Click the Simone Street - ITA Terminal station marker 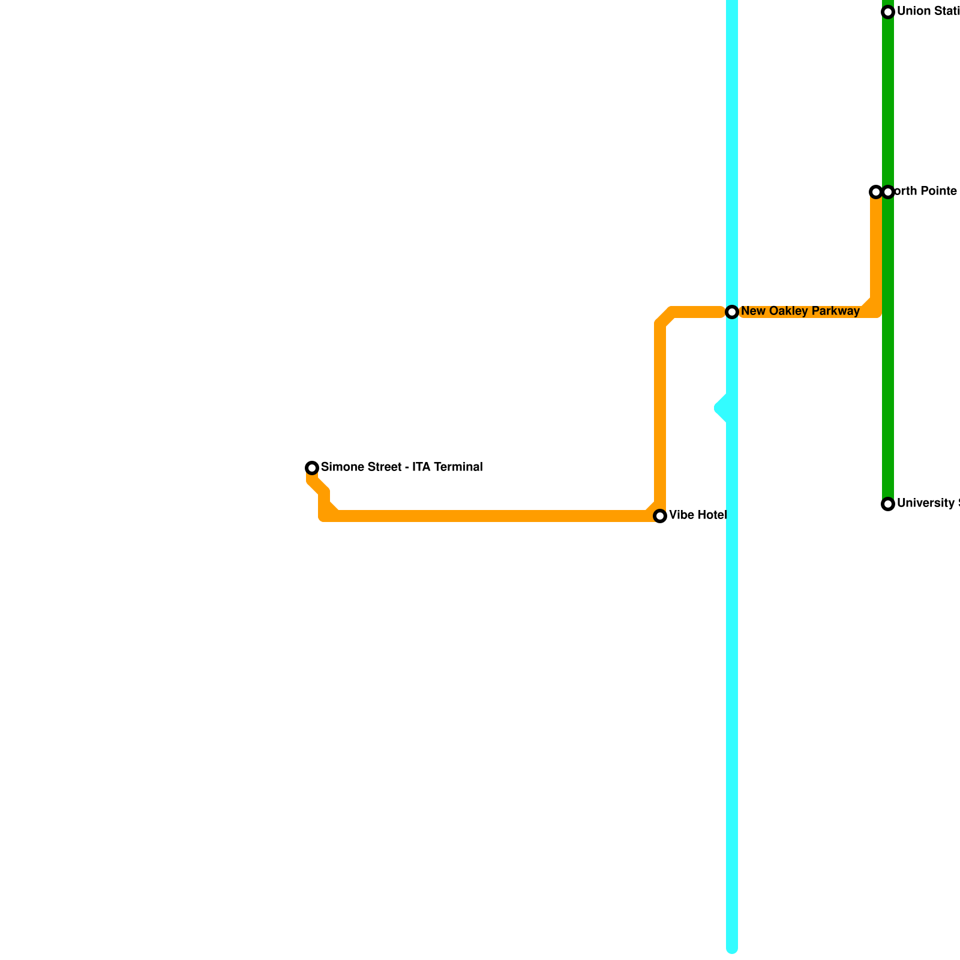(312, 468)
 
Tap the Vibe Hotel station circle (660, 516)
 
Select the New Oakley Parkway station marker (732, 312)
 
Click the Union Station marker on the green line (888, 12)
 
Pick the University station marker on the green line (888, 504)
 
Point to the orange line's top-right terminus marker (875, 192)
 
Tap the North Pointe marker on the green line (889, 192)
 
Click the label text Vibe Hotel (698, 515)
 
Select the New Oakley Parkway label (800, 311)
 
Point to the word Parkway (837, 311)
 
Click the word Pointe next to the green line (938, 191)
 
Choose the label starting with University (927, 503)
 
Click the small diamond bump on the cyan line (722, 408)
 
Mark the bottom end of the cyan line (732, 948)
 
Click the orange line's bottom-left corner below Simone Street (325, 515)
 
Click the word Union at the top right (912, 11)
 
